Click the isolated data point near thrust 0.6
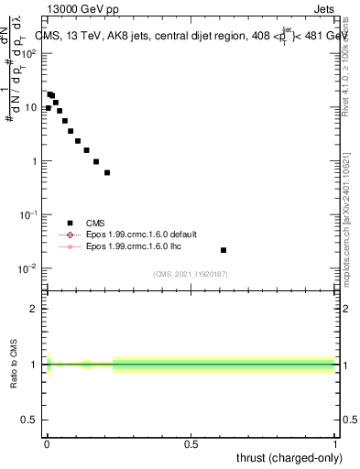[224, 250]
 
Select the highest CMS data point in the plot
[49, 93]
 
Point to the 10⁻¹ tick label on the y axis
[30, 215]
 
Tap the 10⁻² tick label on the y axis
[30, 268]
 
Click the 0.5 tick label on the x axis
[191, 443]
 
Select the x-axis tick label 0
[47, 443]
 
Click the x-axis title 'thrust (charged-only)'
[289, 457]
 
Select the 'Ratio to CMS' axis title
[13, 364]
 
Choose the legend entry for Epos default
[134, 234]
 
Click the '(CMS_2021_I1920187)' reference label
[191, 274]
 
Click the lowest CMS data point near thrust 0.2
[107, 172]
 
